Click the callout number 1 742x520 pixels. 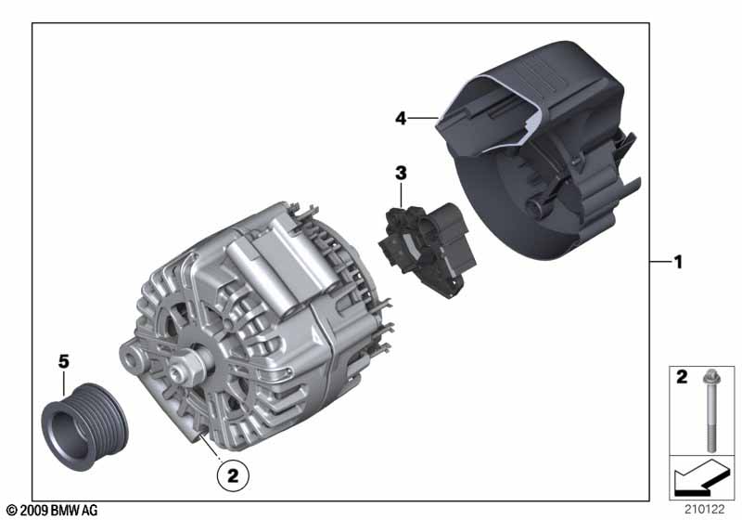(x=678, y=263)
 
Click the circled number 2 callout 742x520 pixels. (x=233, y=476)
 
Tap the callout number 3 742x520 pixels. (x=401, y=173)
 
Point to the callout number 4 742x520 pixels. (x=401, y=118)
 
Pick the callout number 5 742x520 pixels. (x=64, y=361)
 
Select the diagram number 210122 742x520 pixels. (x=706, y=507)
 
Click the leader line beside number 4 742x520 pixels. (x=423, y=118)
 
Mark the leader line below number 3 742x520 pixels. (x=401, y=194)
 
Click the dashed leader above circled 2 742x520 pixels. (x=212, y=447)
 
